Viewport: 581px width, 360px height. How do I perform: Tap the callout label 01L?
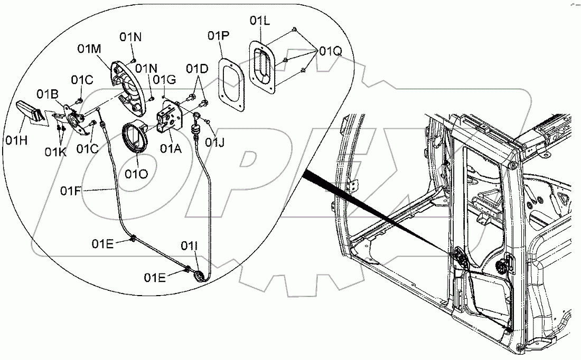point(260,21)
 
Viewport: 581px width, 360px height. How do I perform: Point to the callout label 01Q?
point(330,51)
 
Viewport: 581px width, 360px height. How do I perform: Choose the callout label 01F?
point(78,189)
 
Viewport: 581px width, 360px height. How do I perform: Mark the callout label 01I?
point(191,246)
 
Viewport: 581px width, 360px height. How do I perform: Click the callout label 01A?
point(171,149)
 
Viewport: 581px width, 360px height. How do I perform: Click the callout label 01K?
point(55,152)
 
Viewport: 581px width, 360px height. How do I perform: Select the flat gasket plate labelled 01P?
point(230,84)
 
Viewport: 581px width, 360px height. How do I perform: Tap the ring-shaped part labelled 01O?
point(137,138)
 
